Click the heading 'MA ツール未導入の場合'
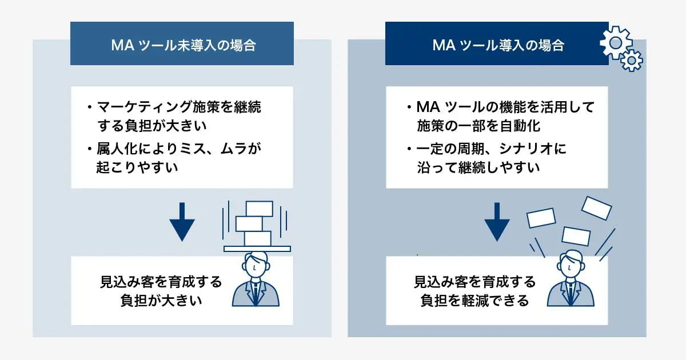182,45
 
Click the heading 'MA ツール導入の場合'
497,45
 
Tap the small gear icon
632,60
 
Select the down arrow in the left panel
182,221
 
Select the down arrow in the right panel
497,221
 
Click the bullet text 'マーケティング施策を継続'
182,107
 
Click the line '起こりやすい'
137,167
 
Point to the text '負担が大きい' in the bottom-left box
161,300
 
